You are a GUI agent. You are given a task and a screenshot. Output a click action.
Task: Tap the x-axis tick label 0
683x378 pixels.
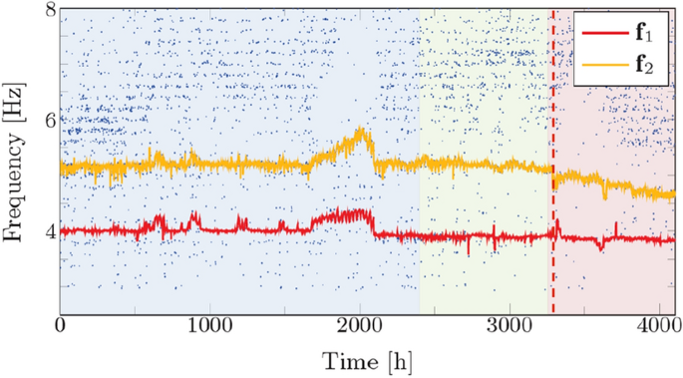[61, 327]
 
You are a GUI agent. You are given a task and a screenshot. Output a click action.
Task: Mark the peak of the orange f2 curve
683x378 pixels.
[363, 131]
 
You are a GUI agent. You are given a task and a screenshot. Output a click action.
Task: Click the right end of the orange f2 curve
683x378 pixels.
[674, 195]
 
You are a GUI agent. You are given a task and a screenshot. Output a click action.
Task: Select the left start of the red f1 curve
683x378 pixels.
[63, 231]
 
